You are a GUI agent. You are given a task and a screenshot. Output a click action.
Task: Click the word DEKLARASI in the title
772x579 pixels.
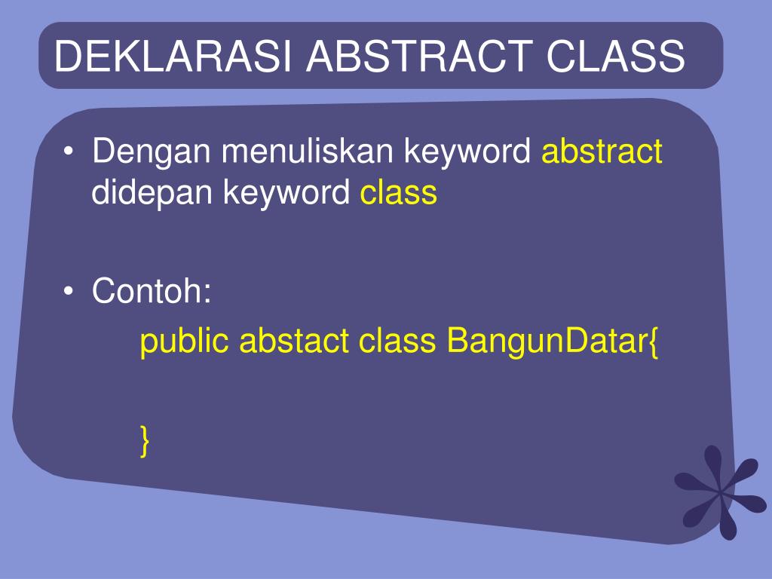(173, 56)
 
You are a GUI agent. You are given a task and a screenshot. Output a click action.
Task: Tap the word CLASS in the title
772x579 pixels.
(615, 56)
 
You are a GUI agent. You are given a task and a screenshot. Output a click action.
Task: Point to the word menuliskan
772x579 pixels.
(308, 151)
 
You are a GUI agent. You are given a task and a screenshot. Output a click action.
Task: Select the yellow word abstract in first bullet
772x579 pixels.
(602, 151)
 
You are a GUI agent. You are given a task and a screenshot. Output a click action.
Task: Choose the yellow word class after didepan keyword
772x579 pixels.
(399, 191)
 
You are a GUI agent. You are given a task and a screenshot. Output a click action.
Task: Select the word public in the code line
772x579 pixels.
(184, 342)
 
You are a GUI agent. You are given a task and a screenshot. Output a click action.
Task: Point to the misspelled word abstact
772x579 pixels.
(294, 340)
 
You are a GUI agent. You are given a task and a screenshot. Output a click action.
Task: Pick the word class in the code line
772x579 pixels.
(397, 340)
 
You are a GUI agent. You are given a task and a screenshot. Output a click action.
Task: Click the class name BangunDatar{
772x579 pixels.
(553, 342)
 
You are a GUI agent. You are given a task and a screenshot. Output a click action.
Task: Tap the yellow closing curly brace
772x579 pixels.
(144, 441)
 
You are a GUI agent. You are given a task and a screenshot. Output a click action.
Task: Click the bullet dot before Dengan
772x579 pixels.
(69, 152)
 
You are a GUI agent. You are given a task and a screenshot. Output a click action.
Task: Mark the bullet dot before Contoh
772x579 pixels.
(69, 291)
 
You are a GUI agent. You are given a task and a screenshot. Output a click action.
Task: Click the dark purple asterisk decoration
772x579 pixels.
(720, 492)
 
